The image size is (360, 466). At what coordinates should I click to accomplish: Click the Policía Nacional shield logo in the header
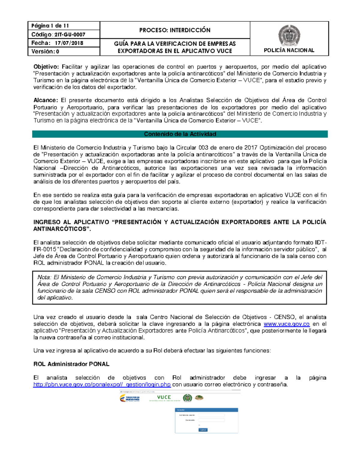pos(289,35)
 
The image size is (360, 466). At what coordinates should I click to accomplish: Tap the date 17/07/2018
pos(69,43)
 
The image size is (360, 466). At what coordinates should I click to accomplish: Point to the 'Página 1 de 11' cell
pos(50,26)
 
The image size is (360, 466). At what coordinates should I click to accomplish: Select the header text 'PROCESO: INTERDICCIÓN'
pos(175,30)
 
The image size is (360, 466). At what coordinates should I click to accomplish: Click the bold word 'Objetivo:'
pos(46,67)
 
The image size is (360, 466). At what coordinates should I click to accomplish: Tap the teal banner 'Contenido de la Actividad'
pos(180,134)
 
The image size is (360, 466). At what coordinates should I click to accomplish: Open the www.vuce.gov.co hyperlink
pos(286,324)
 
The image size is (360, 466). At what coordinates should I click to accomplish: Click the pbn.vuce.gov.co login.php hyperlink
pos(102,384)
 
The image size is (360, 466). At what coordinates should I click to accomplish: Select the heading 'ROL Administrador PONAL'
pos(71,364)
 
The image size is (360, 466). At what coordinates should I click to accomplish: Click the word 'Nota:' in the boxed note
pos(44,277)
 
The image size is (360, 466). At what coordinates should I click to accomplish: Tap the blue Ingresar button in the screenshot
pos(203,430)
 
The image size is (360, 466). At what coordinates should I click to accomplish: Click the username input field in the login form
pos(211,415)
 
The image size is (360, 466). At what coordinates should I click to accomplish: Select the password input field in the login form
pos(211,420)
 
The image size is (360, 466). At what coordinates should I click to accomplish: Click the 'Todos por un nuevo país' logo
pos(130,398)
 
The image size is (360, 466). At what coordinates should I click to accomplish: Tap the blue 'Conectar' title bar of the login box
pos(206,410)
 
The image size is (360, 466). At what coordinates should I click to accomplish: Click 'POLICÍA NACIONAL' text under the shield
pos(289,50)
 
